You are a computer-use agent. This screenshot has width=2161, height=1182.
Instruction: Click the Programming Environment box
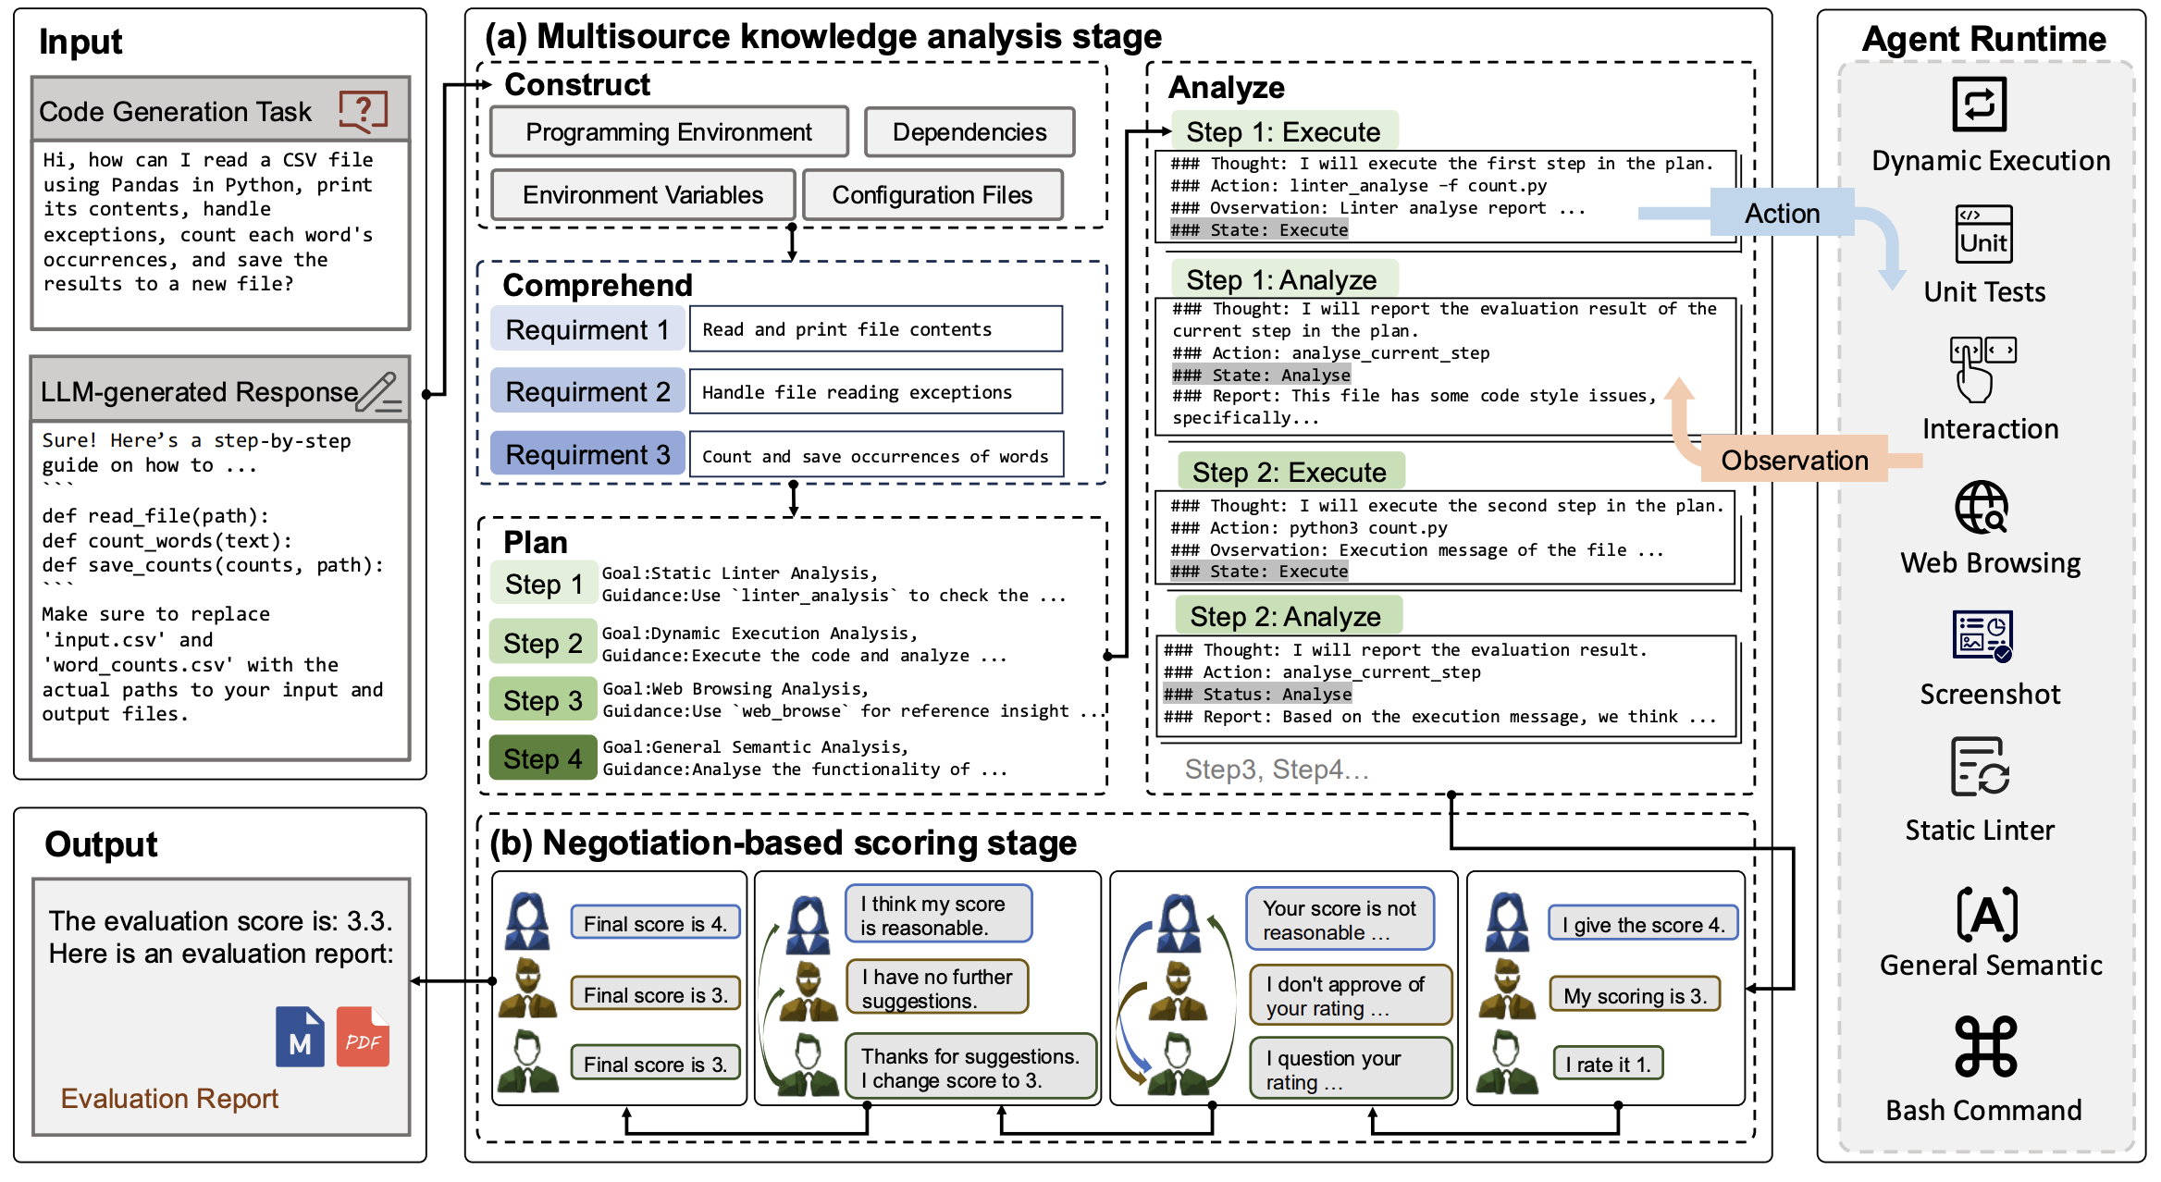tap(669, 132)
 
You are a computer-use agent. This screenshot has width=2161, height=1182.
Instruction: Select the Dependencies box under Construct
tap(969, 132)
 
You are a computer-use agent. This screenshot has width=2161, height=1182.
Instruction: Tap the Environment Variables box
tap(643, 195)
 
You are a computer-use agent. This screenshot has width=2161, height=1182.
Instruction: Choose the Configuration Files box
tap(932, 195)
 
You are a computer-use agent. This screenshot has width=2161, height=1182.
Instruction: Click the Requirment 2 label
tap(587, 392)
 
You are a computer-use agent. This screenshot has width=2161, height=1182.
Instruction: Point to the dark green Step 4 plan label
tap(543, 758)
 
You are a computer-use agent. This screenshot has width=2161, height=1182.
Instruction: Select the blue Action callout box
tap(1782, 214)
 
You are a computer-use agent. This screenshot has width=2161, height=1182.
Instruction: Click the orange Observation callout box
tap(1794, 460)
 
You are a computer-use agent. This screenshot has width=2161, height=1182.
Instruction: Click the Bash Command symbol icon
tap(1985, 1047)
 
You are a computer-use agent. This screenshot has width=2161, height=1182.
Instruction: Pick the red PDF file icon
tap(363, 1037)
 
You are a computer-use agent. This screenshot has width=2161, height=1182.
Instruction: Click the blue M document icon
tap(300, 1037)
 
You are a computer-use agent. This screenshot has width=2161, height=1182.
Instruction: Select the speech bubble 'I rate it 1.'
tap(1608, 1065)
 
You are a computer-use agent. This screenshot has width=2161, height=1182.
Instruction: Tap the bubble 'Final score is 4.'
tap(655, 923)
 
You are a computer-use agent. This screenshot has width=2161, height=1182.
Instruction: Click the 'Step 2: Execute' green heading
tap(1290, 472)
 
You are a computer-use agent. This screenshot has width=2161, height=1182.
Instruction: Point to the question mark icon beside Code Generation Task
tap(364, 111)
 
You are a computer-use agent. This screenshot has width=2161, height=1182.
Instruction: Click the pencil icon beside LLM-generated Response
tap(379, 391)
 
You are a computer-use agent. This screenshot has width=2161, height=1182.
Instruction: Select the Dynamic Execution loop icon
tap(1979, 104)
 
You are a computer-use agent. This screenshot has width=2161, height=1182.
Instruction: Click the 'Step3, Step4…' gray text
tap(1277, 770)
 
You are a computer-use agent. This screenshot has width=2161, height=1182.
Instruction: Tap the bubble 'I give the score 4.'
tap(1643, 925)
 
